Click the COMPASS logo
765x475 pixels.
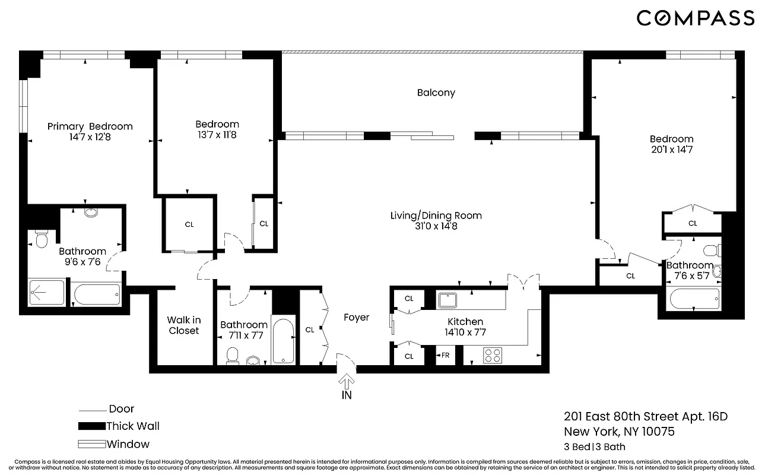[696, 18]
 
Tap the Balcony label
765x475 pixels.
[436, 93]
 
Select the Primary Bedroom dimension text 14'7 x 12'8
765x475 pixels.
[90, 137]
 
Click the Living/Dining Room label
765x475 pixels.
[436, 216]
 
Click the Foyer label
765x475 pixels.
[356, 318]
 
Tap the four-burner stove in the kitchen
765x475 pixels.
[492, 355]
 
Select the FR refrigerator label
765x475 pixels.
[445, 356]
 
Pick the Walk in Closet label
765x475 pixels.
[183, 325]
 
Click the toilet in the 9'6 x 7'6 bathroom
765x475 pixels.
[42, 240]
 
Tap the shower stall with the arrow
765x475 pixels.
[46, 293]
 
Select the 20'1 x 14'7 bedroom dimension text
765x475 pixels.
[671, 150]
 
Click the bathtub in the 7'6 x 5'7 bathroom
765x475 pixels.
[694, 299]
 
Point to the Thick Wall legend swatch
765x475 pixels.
[91, 426]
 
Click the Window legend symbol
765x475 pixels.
[91, 444]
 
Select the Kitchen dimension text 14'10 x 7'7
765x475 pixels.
[465, 332]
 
